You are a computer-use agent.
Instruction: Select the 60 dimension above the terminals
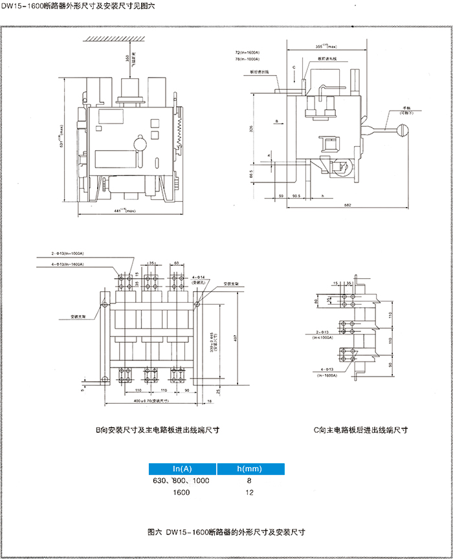point(176,263)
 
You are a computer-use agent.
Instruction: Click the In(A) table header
point(182,469)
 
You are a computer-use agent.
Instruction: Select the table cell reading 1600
point(182,492)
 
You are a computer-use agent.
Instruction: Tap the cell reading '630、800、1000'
point(182,481)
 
